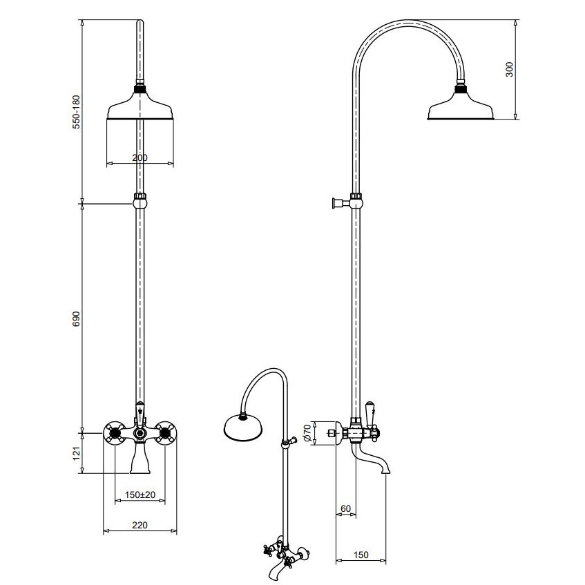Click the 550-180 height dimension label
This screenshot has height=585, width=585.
[76, 112]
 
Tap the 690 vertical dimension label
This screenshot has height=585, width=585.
[76, 319]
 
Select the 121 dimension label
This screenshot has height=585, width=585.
[76, 453]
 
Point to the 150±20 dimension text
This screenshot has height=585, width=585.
[140, 495]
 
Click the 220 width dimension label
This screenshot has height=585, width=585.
[140, 525]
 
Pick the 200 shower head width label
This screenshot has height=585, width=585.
[140, 157]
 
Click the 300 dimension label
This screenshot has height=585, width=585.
[509, 69]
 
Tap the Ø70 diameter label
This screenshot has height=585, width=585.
[307, 433]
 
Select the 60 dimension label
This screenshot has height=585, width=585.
[346, 508]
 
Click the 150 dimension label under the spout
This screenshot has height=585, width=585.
[361, 555]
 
